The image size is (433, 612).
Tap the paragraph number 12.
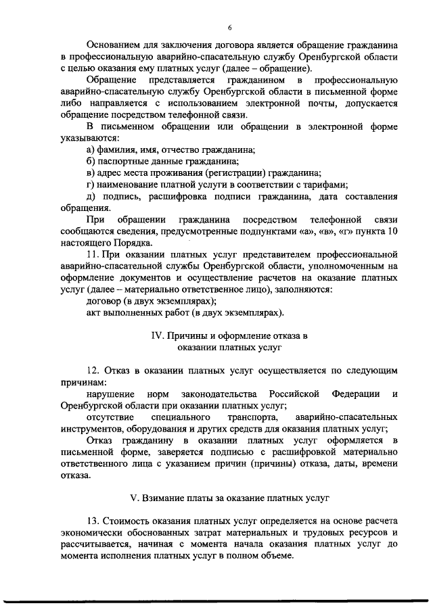pyautogui.click(x=94, y=371)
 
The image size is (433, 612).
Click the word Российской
pyautogui.click(x=295, y=394)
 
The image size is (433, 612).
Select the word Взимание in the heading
pyautogui.click(x=166, y=499)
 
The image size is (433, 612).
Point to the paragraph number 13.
pyautogui.click(x=94, y=521)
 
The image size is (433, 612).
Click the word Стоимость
pyautogui.click(x=129, y=521)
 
